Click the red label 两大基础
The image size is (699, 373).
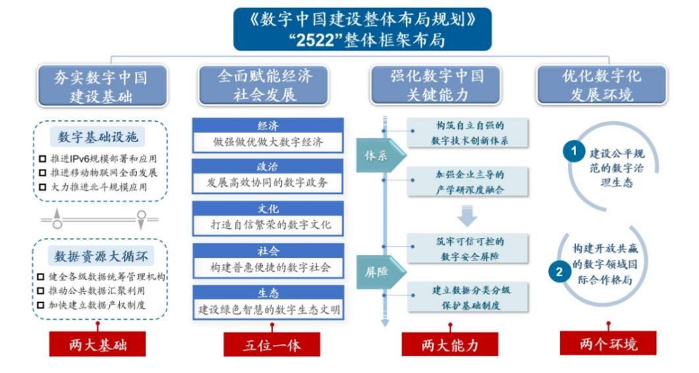pos(97,344)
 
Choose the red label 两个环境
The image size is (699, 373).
pos(608,344)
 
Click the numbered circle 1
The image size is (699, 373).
pos(574,151)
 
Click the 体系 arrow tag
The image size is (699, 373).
pos(378,156)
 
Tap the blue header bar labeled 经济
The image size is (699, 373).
pos(268,126)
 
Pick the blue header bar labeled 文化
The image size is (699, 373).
pos(268,209)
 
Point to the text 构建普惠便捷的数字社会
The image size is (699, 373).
pos(268,266)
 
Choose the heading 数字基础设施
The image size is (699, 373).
pos(101,137)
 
